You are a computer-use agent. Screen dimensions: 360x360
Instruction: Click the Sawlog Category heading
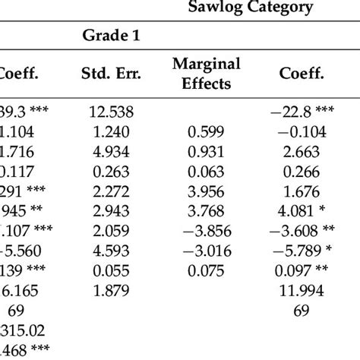pos(267,8)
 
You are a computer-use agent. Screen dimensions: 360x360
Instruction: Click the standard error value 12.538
pos(111,112)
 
